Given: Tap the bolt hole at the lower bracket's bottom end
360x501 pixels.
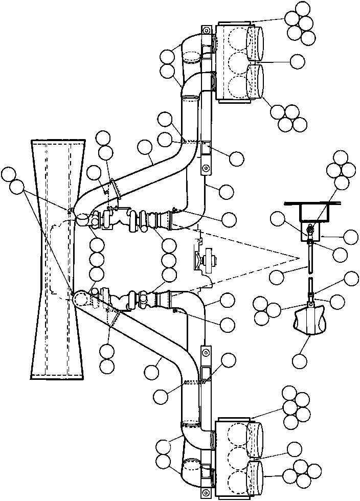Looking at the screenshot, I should tap(206, 492).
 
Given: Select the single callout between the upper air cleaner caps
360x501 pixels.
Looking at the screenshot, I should tap(298, 61).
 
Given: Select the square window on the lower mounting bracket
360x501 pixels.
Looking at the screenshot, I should tap(206, 373).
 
